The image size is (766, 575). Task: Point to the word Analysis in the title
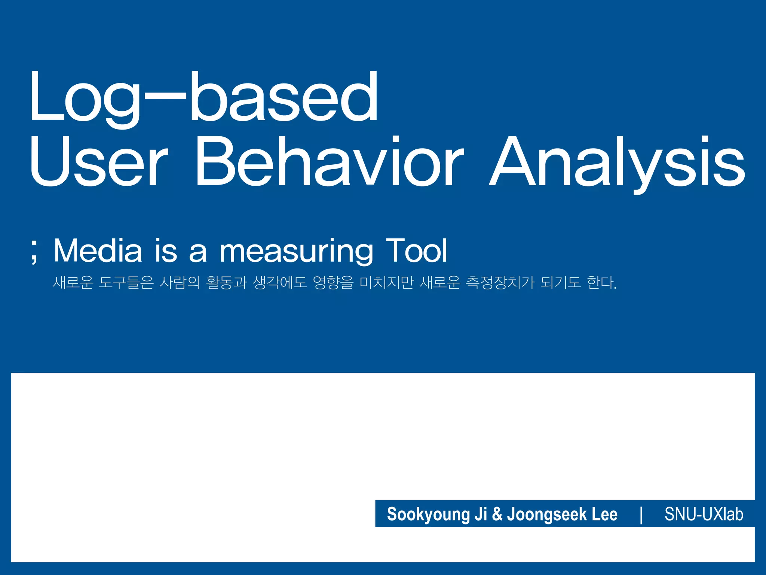coord(617,162)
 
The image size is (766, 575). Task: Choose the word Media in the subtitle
coord(98,250)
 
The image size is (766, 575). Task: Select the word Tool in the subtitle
coord(416,250)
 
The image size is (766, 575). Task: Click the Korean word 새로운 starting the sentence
coord(73,282)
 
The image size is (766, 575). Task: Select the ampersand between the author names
coord(497,514)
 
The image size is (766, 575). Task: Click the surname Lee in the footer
coord(604,514)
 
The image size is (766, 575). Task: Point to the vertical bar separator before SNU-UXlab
coord(641,514)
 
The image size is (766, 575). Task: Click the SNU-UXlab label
coord(704,514)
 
